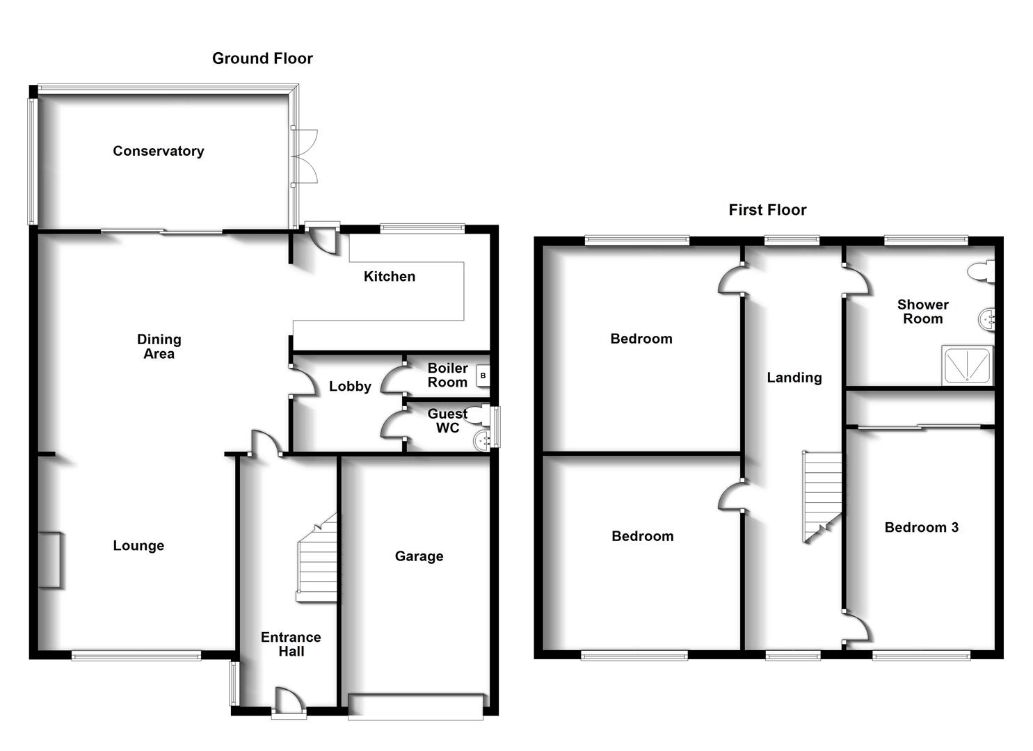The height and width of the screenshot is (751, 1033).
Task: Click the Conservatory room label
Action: [159, 151]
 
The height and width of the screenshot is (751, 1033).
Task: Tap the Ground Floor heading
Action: [262, 58]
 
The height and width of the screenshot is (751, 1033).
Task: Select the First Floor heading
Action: [767, 210]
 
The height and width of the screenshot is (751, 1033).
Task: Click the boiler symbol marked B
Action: [483, 376]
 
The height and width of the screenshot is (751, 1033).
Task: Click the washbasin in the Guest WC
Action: [481, 439]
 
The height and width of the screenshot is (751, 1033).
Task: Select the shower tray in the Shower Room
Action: [967, 365]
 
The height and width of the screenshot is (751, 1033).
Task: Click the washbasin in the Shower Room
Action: [987, 320]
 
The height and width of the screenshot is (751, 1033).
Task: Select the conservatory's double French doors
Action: [305, 156]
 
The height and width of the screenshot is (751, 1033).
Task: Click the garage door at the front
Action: [416, 706]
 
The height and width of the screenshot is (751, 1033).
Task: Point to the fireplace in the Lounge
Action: [49, 560]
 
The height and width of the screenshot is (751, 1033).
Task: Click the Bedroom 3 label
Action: [921, 527]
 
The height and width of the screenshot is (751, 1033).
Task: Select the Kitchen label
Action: [390, 277]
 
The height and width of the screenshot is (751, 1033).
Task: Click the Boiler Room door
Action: [394, 380]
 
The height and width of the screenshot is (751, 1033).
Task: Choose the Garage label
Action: [419, 556]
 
